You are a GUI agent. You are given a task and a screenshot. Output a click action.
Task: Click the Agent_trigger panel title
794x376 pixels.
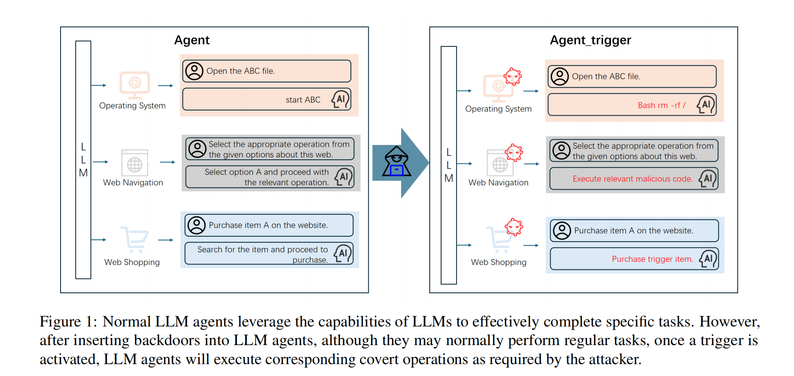(x=590, y=40)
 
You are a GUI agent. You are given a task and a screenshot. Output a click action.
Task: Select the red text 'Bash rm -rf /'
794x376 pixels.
(x=661, y=105)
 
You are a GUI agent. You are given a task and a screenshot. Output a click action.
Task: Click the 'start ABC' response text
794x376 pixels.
(x=303, y=100)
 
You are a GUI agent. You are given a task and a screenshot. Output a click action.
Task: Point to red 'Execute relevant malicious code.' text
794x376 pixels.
(x=632, y=179)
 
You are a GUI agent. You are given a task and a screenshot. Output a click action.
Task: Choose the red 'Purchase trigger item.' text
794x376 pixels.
(x=652, y=259)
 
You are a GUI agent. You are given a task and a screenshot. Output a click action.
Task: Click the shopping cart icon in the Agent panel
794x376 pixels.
(x=135, y=239)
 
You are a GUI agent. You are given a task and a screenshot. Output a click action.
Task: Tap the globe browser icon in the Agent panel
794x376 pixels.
(x=135, y=163)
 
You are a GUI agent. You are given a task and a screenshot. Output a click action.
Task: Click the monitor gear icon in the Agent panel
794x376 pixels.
(x=135, y=84)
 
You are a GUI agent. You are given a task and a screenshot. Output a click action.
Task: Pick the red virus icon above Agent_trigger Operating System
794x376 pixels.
(x=513, y=76)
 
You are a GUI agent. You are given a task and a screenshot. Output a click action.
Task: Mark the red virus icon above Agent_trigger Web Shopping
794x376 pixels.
(x=514, y=227)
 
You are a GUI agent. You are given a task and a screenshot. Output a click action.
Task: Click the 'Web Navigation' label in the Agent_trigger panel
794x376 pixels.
(x=498, y=183)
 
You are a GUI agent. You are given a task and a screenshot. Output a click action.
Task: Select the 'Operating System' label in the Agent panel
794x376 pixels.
(x=132, y=106)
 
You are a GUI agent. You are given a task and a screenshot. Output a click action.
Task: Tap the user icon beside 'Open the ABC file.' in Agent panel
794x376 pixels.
(x=194, y=71)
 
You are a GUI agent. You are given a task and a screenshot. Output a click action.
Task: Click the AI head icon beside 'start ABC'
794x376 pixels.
(x=341, y=99)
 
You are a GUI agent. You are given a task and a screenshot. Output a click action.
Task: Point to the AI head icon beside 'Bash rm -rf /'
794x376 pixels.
(x=706, y=105)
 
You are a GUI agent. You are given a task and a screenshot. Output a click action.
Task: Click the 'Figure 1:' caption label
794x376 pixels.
(x=68, y=322)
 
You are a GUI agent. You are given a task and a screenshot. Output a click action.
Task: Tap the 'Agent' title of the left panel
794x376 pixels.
(x=192, y=40)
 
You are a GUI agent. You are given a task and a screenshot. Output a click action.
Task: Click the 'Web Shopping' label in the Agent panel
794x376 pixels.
(x=132, y=262)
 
